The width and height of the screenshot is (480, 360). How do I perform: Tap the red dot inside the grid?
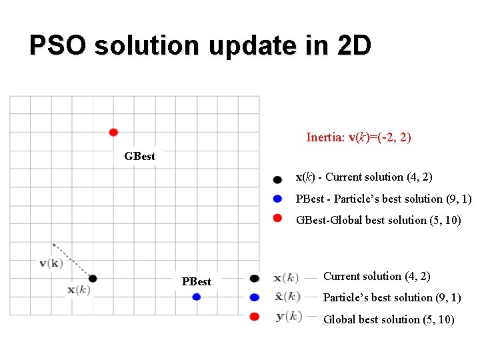point(113,132)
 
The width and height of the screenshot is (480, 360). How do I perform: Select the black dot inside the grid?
point(93,278)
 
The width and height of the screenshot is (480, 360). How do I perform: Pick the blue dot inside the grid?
point(196,297)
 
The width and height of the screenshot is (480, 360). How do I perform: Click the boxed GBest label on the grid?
point(139,156)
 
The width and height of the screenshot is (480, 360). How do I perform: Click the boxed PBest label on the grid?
point(196,281)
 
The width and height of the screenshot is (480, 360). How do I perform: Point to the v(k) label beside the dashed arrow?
point(51,263)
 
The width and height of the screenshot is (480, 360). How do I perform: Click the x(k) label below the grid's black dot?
point(79,290)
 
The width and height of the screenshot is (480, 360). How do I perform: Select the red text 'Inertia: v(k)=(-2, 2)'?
point(358,137)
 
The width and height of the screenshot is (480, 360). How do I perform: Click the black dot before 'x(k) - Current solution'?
point(277,179)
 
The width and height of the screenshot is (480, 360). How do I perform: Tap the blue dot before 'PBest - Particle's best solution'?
point(277,198)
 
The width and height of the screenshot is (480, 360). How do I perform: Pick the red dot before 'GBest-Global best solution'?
point(277,217)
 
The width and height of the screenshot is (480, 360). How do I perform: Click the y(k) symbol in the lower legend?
point(288,317)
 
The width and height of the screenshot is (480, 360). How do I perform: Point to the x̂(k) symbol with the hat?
point(287,296)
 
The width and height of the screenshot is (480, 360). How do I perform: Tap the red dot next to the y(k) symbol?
point(254,317)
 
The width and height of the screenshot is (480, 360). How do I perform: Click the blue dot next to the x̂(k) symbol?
point(254,297)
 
